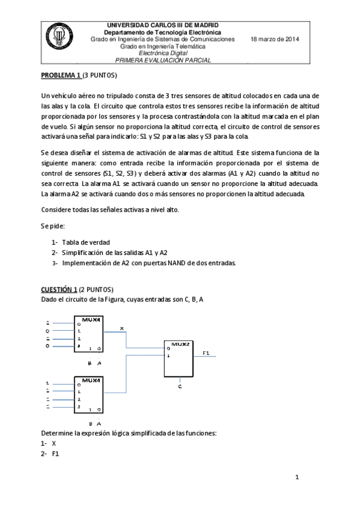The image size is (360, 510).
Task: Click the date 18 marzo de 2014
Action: pos(275,39)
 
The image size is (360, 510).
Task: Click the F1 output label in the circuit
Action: pos(206,352)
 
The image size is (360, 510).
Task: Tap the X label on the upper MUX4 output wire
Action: pos(122,328)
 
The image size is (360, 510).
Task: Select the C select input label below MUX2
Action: pos(180,386)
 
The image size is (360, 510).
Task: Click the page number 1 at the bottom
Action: pos(296,477)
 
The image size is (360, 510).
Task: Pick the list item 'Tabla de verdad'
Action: pos(86,242)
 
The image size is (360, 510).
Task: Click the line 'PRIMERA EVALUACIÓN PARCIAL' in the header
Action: pos(162,60)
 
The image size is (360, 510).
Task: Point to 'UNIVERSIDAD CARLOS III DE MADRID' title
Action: pos(162,25)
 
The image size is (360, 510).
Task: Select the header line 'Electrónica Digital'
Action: pos(162,53)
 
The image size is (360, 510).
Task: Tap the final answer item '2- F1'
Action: pos(50,453)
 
